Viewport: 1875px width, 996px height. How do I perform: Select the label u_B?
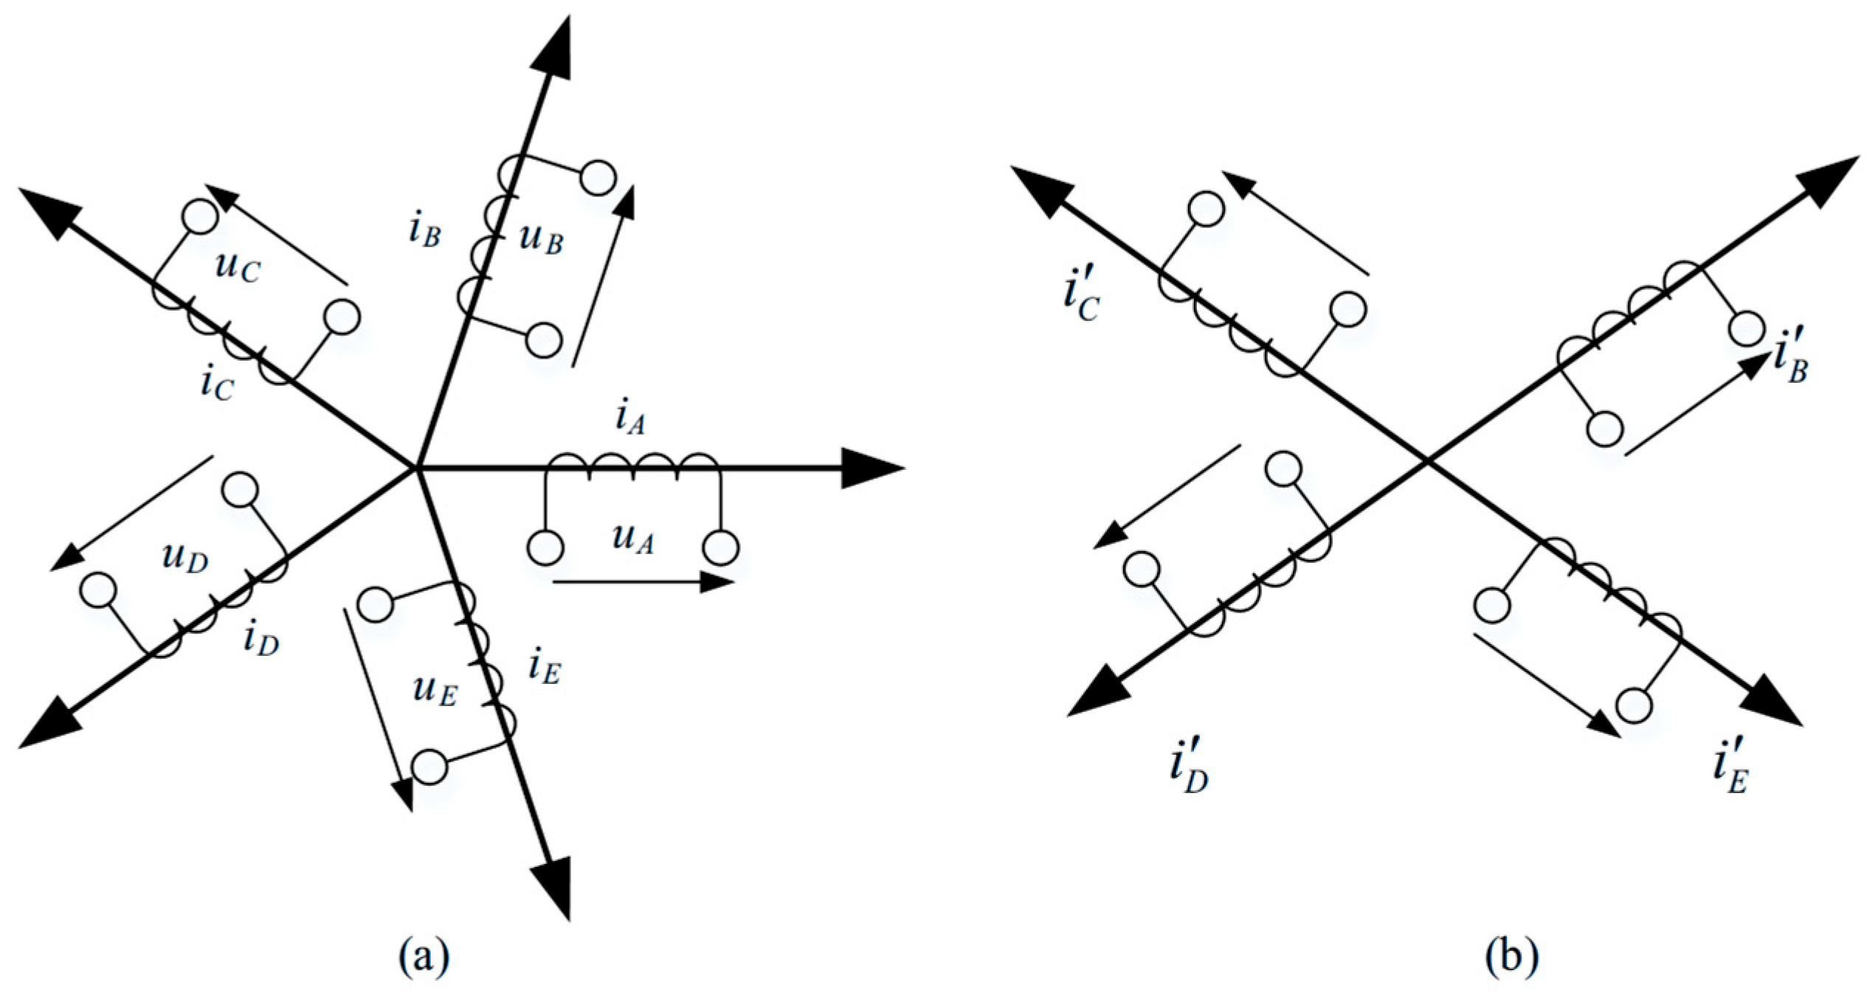pos(541,238)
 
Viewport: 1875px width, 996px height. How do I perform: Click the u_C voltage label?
pos(238,268)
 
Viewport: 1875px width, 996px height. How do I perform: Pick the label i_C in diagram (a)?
pos(217,384)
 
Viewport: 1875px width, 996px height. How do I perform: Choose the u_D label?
pos(185,558)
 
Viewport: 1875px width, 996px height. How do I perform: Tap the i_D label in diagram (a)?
pos(261,640)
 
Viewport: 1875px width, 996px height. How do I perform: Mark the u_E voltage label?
pos(435,691)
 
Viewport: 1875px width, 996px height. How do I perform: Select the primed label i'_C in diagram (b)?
pos(1081,299)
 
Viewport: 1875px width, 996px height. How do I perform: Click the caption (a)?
pos(424,956)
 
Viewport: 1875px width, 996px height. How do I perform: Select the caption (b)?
pos(1513,956)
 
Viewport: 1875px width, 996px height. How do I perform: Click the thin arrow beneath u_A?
pos(642,582)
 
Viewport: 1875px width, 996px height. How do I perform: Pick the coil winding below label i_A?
pos(632,463)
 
